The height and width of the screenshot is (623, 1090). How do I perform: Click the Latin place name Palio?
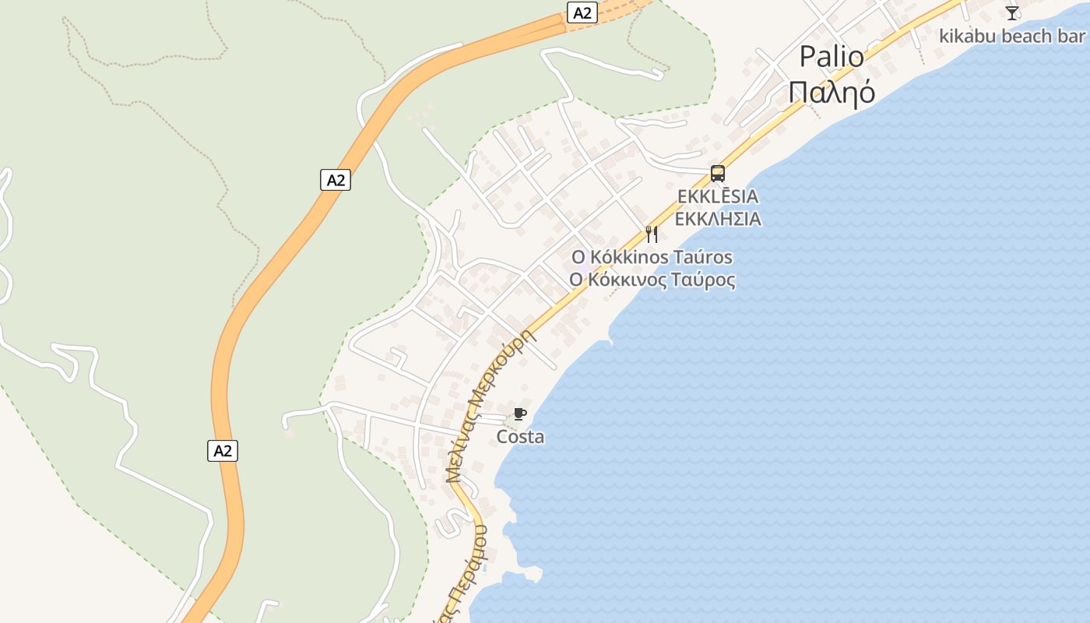pyautogui.click(x=832, y=57)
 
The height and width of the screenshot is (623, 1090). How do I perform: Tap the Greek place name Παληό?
pyautogui.click(x=832, y=92)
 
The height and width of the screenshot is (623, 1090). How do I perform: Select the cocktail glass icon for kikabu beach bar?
pyautogui.click(x=1011, y=13)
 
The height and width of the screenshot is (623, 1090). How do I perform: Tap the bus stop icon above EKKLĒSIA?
pyautogui.click(x=717, y=174)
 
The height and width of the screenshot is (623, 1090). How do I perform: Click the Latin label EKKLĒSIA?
pyautogui.click(x=717, y=196)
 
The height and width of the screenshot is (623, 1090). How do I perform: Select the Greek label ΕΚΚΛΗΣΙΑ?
pyautogui.click(x=717, y=219)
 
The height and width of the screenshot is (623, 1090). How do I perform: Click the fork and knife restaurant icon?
pyautogui.click(x=652, y=234)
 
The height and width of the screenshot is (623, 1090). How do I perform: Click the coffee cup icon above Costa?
pyautogui.click(x=520, y=414)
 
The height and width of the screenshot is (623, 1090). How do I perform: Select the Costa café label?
pyautogui.click(x=520, y=437)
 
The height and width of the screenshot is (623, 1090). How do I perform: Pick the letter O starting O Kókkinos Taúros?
pyautogui.click(x=577, y=257)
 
